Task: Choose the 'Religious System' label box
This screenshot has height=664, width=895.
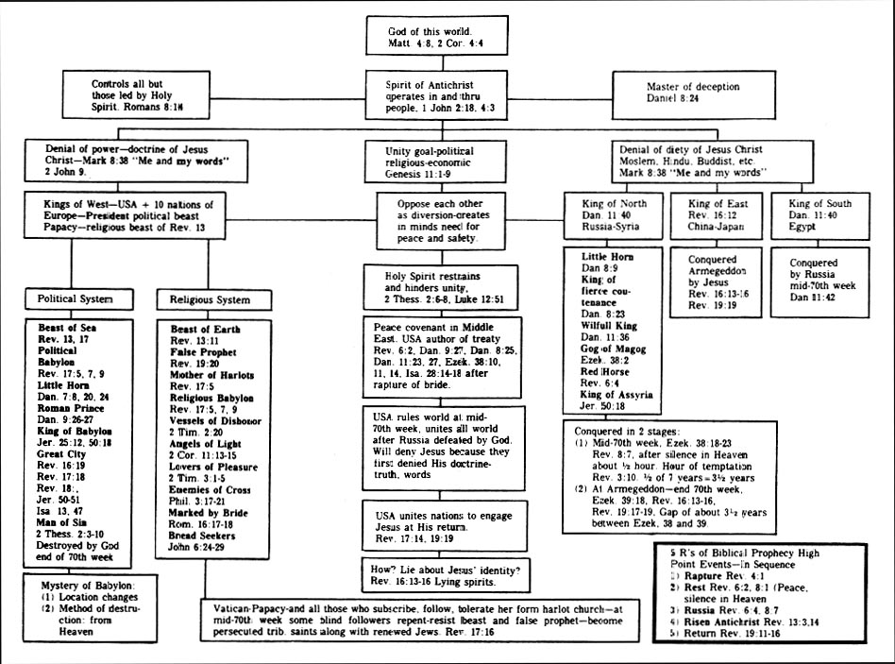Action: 210,299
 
